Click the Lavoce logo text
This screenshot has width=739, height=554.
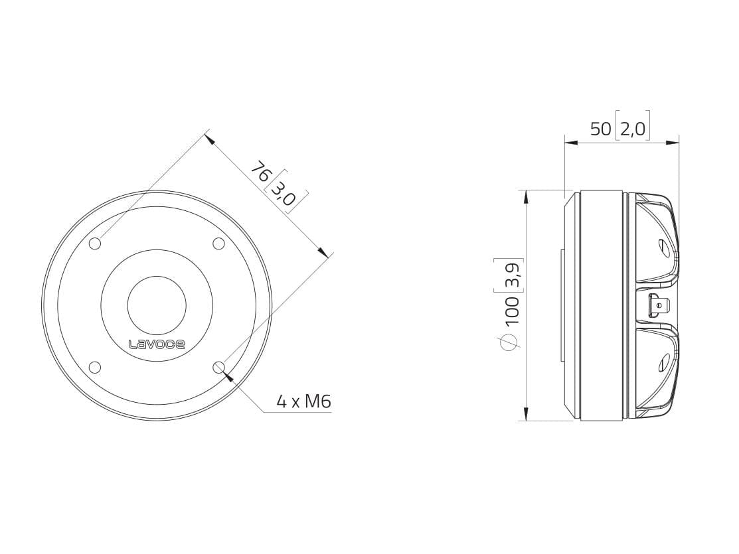point(157,344)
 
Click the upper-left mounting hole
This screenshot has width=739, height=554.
point(95,243)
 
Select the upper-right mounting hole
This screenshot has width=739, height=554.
point(218,243)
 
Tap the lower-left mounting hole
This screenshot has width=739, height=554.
point(95,367)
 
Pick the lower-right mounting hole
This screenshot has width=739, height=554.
point(218,367)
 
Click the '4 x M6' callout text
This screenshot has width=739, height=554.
point(304,401)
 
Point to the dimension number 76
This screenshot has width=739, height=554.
point(260,172)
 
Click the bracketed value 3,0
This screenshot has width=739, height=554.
point(285,193)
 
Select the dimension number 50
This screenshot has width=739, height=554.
point(600,129)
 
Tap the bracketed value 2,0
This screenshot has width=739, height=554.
point(633,129)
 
